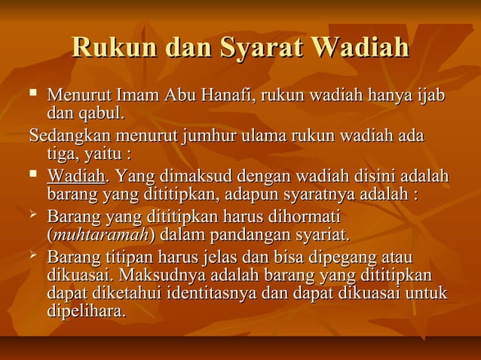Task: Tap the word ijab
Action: coord(431,97)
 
